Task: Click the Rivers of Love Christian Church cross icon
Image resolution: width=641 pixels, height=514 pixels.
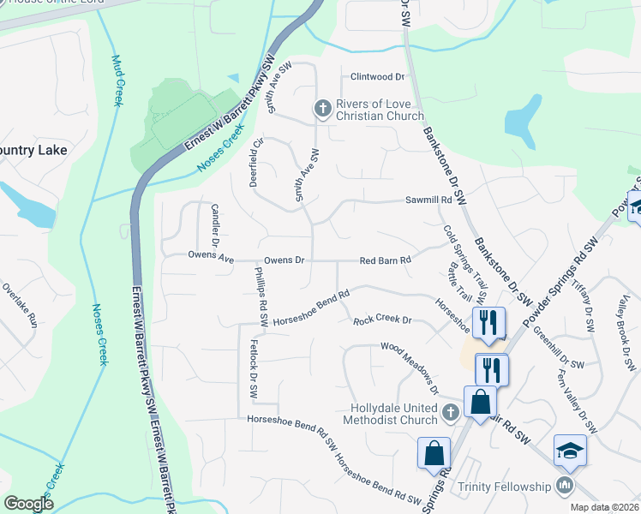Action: tap(322, 108)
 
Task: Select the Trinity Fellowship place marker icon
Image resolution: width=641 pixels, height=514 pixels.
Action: tap(564, 486)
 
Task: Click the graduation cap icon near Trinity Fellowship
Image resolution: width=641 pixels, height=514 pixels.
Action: tap(570, 451)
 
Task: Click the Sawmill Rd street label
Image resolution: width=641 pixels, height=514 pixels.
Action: tap(428, 200)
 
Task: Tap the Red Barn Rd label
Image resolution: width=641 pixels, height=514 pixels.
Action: tap(386, 260)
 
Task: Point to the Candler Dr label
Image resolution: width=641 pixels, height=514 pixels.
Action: tap(216, 226)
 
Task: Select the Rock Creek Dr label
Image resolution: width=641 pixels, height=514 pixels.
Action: tap(383, 321)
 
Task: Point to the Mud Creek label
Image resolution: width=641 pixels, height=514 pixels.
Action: tap(116, 81)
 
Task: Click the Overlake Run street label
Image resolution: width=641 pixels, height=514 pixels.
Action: tap(20, 306)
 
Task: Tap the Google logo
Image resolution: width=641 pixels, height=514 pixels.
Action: tap(28, 504)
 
